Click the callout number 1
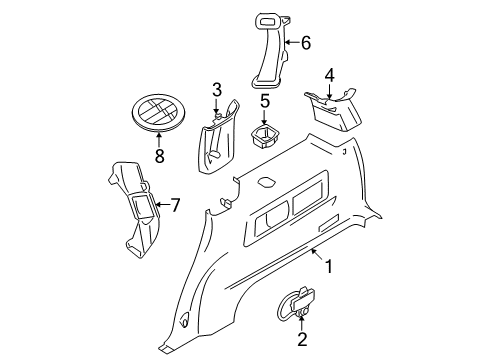(329, 267)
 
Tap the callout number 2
(302, 339)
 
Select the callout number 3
(217, 90)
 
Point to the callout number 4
(329, 75)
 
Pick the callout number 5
(265, 101)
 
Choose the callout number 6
(306, 43)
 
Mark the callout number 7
(175, 205)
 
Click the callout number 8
(160, 156)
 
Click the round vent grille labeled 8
(159, 112)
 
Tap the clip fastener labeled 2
(296, 305)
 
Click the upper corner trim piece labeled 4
(333, 109)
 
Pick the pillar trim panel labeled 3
(218, 137)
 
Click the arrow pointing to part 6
(292, 42)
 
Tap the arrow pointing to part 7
(162, 204)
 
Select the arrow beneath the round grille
(159, 139)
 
